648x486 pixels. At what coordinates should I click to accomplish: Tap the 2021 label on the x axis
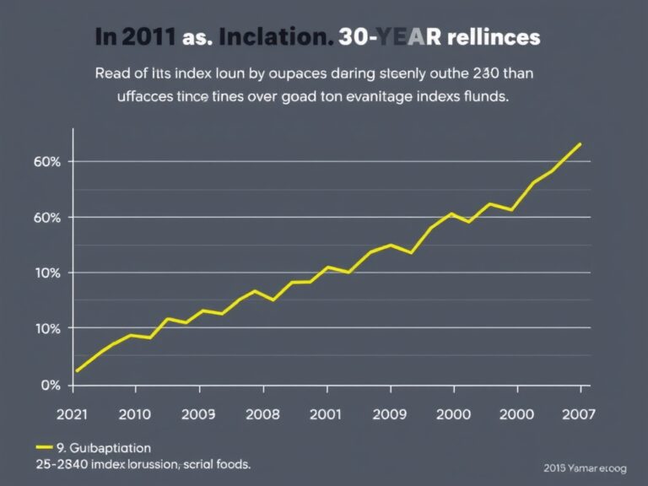(73, 413)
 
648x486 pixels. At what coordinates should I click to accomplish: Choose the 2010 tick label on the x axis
(135, 413)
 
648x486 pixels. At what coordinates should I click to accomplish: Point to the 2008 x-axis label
(262, 413)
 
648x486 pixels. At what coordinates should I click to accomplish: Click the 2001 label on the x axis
(327, 413)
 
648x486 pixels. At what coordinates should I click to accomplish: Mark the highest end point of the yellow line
(580, 143)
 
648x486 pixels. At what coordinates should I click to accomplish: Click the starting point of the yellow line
(77, 370)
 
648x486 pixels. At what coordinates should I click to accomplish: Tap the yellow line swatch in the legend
(45, 448)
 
